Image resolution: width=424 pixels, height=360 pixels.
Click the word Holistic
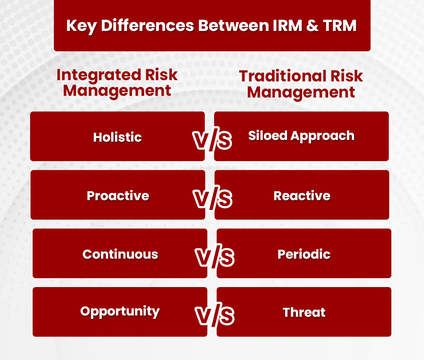(x=117, y=137)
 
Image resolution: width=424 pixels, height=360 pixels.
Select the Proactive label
(x=118, y=195)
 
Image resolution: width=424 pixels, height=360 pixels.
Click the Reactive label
(x=302, y=195)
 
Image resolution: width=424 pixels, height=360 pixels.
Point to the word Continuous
(x=120, y=254)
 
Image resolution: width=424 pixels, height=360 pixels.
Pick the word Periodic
(x=304, y=254)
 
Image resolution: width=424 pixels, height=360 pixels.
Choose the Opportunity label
(x=120, y=311)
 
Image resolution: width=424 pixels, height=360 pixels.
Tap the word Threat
(x=304, y=313)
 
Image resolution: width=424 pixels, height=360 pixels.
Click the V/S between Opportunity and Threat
(x=215, y=316)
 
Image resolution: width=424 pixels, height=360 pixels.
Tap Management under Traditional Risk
(x=301, y=92)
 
